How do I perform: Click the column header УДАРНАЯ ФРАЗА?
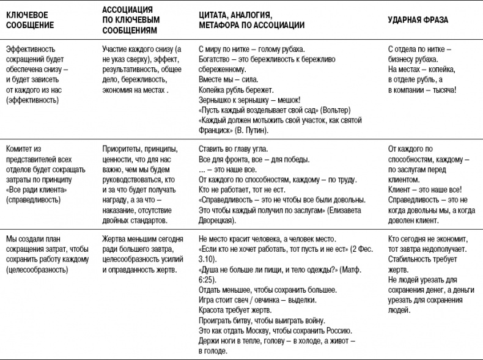pos(418,20)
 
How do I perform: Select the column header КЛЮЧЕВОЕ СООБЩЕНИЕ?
pos(29,20)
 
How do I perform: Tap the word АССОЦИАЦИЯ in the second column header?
pos(127,10)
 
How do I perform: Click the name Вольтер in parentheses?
pos(333,109)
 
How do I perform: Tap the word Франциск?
pos(216,130)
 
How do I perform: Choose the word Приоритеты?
pos(123,149)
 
